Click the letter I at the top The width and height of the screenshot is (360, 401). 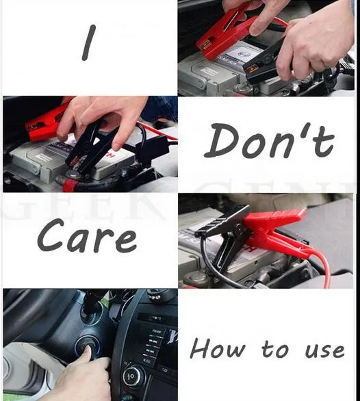coord(89,42)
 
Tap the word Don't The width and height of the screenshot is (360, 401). coord(269,140)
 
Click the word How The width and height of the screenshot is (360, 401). coord(218,348)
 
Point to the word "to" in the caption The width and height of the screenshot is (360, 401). coord(275,349)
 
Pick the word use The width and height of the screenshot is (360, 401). coord(324,350)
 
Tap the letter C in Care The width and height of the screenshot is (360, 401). coord(52,235)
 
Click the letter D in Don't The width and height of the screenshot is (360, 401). coord(223,141)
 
